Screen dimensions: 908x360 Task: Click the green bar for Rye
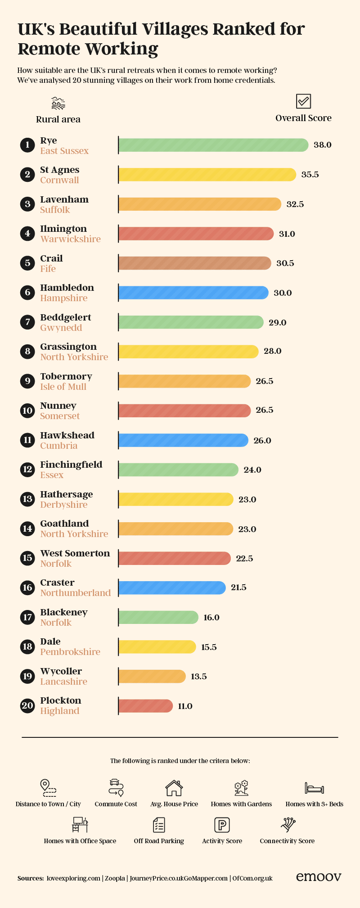pyautogui.click(x=213, y=145)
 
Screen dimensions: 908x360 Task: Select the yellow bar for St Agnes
pyautogui.click(x=207, y=175)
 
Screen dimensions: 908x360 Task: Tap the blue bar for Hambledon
pyautogui.click(x=193, y=293)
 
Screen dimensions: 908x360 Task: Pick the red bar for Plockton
pyautogui.click(x=145, y=706)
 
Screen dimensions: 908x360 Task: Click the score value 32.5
pyautogui.click(x=295, y=204)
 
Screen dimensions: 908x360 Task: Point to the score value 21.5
pyautogui.click(x=238, y=587)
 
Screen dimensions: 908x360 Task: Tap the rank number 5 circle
pyautogui.click(x=27, y=263)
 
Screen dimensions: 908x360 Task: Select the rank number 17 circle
pyautogui.click(x=27, y=617)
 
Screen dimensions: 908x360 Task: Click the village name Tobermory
pyautogui.click(x=66, y=376)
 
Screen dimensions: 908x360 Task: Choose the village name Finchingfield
pyautogui.click(x=71, y=465)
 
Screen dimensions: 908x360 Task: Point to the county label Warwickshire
pyautogui.click(x=71, y=239)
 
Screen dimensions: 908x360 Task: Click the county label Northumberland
pyautogui.click(x=76, y=593)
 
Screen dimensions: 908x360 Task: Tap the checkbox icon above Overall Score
pyautogui.click(x=303, y=101)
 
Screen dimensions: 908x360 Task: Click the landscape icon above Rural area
pyautogui.click(x=58, y=104)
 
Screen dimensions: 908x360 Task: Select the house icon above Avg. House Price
pyautogui.click(x=174, y=788)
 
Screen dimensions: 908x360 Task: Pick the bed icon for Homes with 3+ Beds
pyautogui.click(x=314, y=788)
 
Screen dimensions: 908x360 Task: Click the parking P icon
pyautogui.click(x=222, y=825)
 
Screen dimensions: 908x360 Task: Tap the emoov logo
pyautogui.click(x=319, y=876)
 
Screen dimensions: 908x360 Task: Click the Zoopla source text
pyautogui.click(x=115, y=878)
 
